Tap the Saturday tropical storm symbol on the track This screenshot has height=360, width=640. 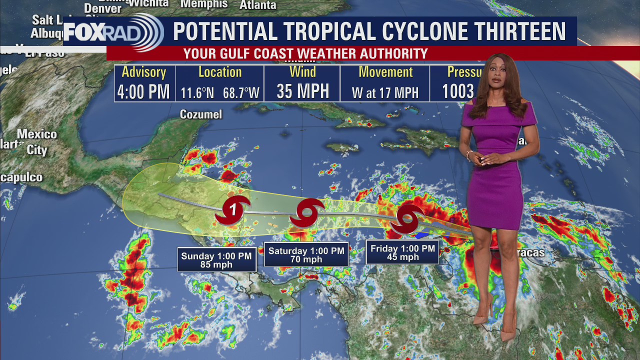pyautogui.click(x=307, y=213)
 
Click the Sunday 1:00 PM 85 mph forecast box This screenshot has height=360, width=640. pyautogui.click(x=216, y=260)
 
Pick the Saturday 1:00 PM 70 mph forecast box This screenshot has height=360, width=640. pyautogui.click(x=306, y=255)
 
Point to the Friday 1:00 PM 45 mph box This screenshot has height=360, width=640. pyautogui.click(x=402, y=252)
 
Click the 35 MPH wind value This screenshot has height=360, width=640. pyautogui.click(x=302, y=91)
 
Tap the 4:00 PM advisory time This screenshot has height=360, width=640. pyautogui.click(x=143, y=91)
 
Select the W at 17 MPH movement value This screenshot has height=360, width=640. pyautogui.click(x=385, y=92)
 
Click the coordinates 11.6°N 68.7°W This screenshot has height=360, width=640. pyautogui.click(x=220, y=92)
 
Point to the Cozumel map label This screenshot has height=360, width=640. pyautogui.click(x=201, y=114)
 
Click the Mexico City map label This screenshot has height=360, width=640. pyautogui.click(x=37, y=142)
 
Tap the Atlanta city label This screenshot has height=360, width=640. pyautogui.click(x=258, y=5)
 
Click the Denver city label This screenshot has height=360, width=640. pyautogui.click(x=102, y=8)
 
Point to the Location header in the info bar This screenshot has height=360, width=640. pyautogui.click(x=220, y=72)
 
